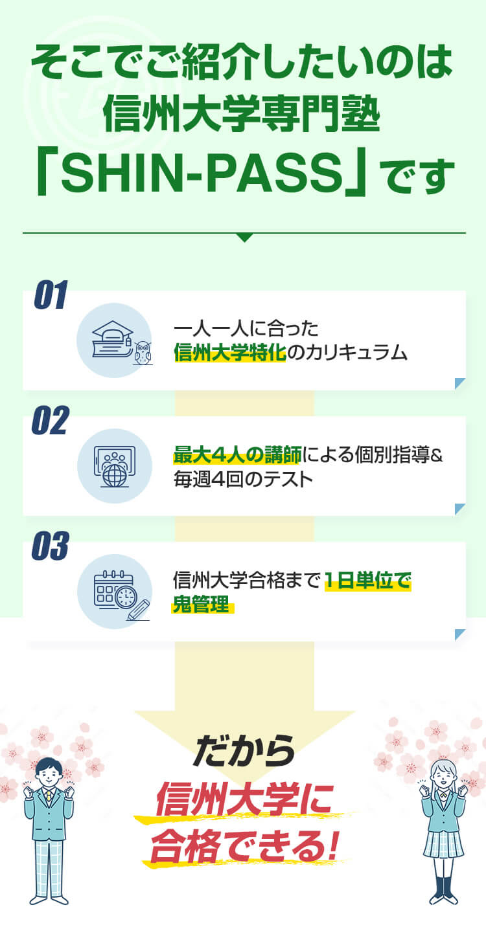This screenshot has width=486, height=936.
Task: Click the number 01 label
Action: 51,295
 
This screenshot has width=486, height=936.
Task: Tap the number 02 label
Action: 50,420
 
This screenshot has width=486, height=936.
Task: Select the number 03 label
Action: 50,546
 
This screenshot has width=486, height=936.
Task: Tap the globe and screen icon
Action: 115,466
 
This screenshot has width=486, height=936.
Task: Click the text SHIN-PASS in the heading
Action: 202,172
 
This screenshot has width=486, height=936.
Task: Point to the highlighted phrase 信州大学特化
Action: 230,352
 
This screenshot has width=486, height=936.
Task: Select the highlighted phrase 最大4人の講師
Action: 237,454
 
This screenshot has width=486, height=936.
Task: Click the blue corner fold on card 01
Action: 460,383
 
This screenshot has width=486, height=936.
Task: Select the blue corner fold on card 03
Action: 460,634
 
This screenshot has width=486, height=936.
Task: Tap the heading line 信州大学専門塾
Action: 241,113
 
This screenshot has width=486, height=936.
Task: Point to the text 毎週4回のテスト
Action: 243,479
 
